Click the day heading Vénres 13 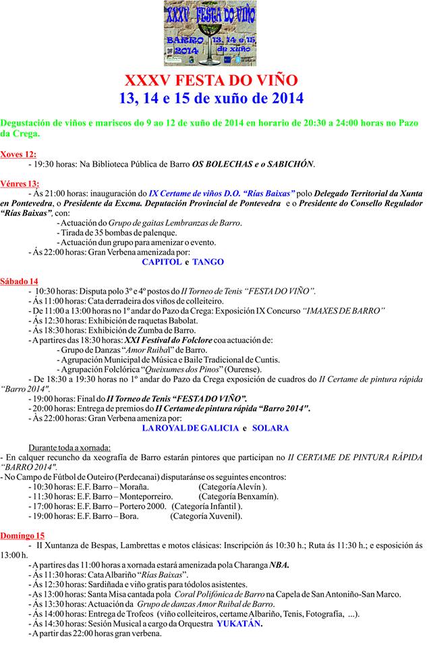pos(20,183)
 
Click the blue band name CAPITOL pos(161,262)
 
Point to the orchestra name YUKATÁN pos(239,624)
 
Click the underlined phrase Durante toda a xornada pos(69,448)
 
